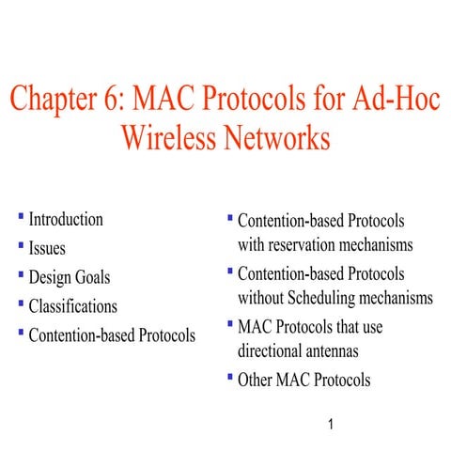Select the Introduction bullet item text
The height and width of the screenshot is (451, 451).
click(66, 220)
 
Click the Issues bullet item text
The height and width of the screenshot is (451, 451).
click(47, 249)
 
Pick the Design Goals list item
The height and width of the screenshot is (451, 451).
click(70, 277)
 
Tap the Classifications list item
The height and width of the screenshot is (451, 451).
click(73, 305)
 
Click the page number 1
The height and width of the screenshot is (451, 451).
click(331, 426)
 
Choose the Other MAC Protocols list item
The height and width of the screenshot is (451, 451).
click(303, 381)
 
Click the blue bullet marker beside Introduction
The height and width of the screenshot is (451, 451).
click(22, 218)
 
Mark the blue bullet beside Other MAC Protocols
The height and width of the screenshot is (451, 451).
click(229, 378)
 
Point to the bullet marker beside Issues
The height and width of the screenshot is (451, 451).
click(22, 246)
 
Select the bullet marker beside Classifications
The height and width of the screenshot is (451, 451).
click(22, 303)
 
